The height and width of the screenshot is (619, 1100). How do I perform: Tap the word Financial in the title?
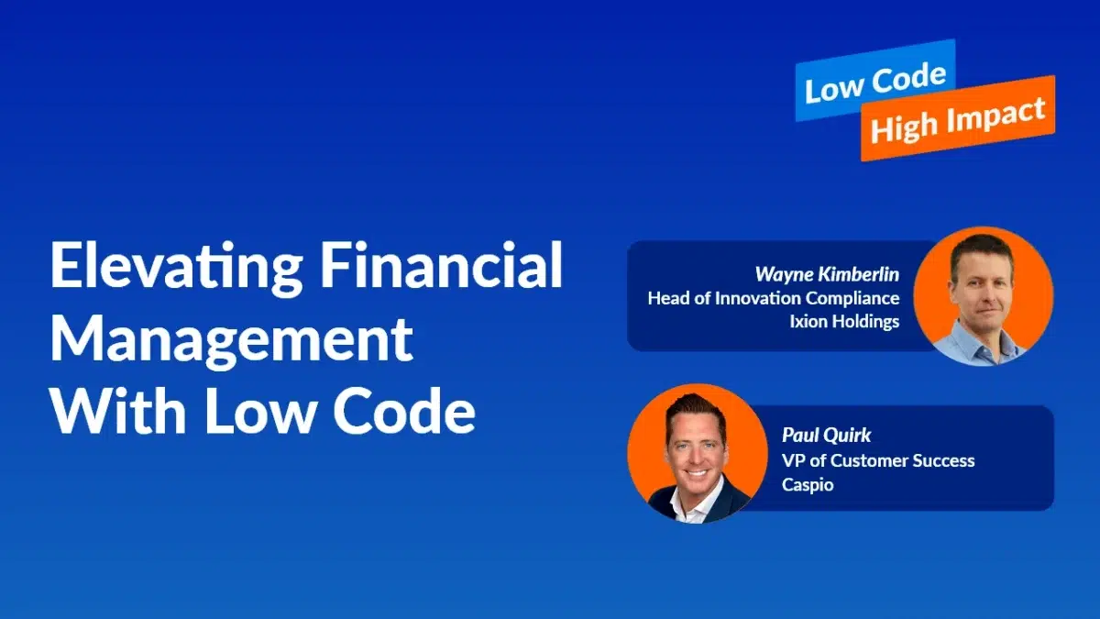pos(442,264)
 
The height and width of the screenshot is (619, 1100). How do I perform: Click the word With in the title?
pos(118,410)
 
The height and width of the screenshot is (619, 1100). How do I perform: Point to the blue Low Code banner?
pos(875,80)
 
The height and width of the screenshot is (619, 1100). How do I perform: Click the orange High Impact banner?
pos(958,118)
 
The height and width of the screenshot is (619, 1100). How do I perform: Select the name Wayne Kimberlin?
pos(827,274)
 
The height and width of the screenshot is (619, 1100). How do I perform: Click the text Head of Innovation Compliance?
pos(774,298)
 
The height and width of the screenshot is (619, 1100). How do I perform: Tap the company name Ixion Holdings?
pos(844,321)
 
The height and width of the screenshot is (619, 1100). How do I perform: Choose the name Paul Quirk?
pos(826,436)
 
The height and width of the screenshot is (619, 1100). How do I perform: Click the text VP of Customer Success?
pos(878,460)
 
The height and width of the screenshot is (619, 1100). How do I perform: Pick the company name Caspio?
pos(808,485)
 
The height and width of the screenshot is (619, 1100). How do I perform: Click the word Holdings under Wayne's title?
pos(860,322)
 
